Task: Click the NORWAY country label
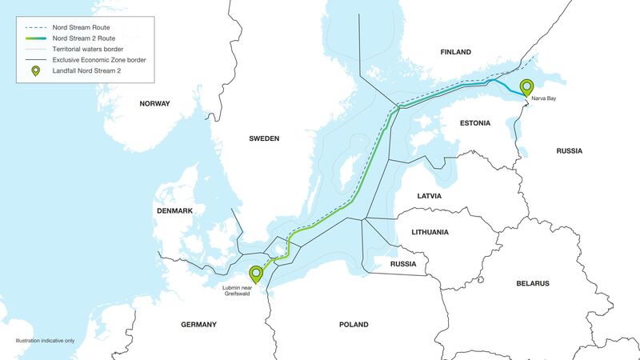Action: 155,104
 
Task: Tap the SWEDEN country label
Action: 264,138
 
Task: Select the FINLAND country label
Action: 456,52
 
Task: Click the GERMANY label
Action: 198,325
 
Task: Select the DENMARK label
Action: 175,210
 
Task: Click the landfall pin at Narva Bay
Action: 526,87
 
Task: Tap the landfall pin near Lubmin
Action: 255,274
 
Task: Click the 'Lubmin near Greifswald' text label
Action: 238,293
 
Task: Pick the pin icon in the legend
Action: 34,72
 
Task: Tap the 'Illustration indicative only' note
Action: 45,341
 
